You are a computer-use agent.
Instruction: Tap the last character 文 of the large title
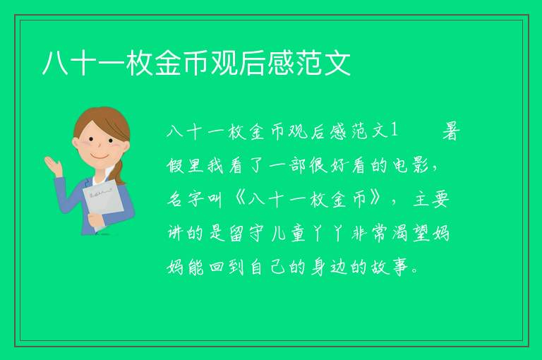337,64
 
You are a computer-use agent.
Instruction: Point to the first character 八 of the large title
56,64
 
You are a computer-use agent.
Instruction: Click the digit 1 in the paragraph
394,131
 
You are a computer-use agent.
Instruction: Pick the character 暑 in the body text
451,131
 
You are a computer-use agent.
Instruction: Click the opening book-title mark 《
239,200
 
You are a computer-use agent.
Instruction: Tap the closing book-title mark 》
376,200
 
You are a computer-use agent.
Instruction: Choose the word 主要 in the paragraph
431,200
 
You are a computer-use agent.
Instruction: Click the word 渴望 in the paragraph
411,233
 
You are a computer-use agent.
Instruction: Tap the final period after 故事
416,272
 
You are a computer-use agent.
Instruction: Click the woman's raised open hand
53,165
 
